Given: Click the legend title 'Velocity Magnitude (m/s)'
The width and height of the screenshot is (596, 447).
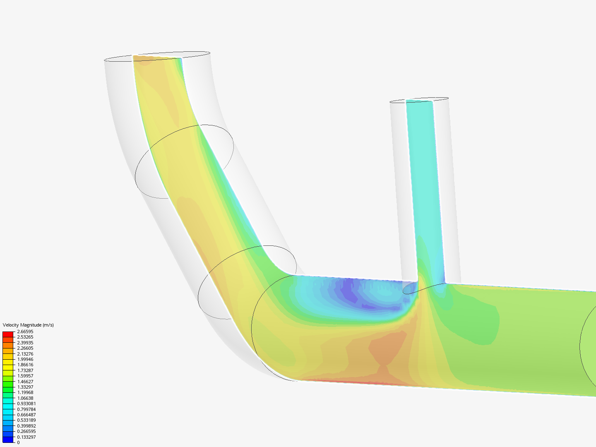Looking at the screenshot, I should (28, 325).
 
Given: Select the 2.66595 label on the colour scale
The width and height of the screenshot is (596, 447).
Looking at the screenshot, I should (25, 332).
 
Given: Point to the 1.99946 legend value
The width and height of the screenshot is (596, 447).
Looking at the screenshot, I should (25, 359).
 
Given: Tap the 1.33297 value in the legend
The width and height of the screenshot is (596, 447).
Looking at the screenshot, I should (25, 387).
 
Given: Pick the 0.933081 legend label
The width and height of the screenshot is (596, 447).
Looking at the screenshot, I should (26, 404).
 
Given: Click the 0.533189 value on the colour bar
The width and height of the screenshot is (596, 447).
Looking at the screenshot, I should (26, 420).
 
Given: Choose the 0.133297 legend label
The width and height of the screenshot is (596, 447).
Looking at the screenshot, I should (26, 437).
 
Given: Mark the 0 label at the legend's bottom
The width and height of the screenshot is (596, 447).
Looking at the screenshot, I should (18, 442).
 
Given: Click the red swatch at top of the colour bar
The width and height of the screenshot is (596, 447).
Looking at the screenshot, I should (8, 334).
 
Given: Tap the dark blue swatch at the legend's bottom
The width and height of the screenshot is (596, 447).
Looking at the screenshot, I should (8, 440).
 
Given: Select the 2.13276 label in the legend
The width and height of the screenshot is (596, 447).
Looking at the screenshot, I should (25, 354).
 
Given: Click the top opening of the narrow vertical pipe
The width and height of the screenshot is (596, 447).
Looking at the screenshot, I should (419, 100).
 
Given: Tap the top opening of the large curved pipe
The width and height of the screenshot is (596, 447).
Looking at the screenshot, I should (157, 57).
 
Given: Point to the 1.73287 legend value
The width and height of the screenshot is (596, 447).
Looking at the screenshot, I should (25, 370).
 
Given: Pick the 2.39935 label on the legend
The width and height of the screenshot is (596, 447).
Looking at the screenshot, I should (25, 343).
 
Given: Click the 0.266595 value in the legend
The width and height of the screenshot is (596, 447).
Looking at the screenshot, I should (26, 431).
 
